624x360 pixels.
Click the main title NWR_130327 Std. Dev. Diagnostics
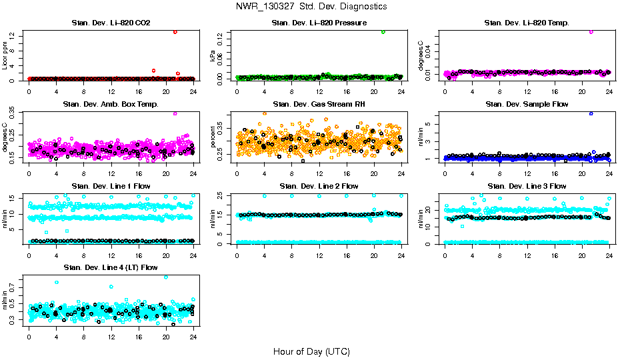[x=311, y=6]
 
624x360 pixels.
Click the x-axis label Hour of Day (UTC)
[x=311, y=351]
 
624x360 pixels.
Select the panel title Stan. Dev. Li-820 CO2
[x=111, y=23]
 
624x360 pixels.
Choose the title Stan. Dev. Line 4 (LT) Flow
[x=111, y=267]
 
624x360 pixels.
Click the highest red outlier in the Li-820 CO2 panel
[x=175, y=31]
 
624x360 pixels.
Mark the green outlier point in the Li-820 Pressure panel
[x=383, y=31]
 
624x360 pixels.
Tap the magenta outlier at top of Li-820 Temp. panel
[x=591, y=31]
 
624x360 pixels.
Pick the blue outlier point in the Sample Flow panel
[x=591, y=113]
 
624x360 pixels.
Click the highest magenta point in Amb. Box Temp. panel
[x=175, y=113]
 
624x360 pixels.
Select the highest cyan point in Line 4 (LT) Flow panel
[x=165, y=277]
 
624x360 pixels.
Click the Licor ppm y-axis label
[x=5, y=55]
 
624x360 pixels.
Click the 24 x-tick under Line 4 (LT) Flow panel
[x=193, y=338]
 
